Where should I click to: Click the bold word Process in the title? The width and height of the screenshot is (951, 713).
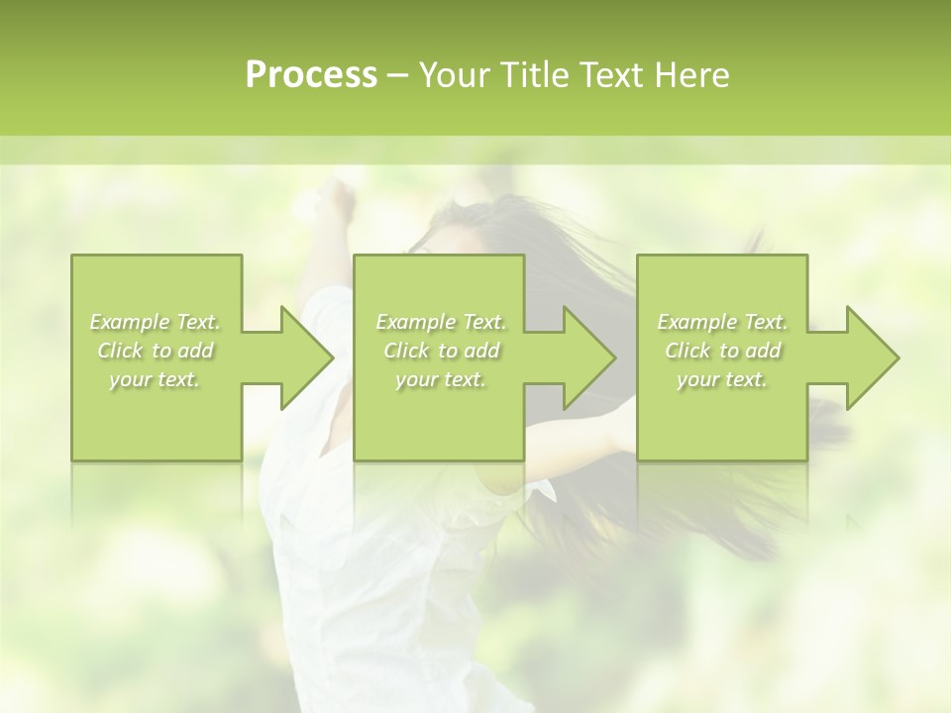tap(311, 75)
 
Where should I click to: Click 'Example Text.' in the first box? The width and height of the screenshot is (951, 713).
tap(155, 322)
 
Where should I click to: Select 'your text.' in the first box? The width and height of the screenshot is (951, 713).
tap(155, 379)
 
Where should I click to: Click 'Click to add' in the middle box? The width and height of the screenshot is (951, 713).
tap(441, 351)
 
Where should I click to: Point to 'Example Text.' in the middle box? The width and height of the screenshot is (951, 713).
tap(441, 322)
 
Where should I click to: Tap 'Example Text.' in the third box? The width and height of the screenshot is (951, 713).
tap(722, 322)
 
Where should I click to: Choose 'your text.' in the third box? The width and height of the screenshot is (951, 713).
tap(722, 379)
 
